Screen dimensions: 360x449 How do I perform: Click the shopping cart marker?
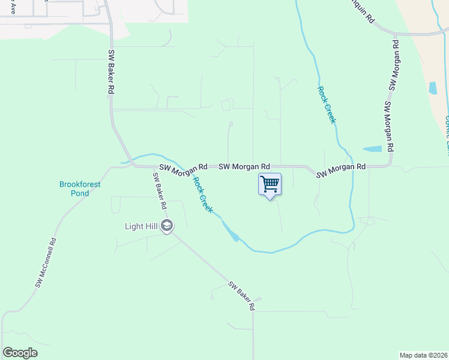tap(270, 185)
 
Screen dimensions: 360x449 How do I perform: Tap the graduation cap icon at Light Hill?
tap(167, 226)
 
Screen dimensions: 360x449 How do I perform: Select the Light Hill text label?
tap(142, 226)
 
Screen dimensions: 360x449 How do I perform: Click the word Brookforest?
tap(80, 185)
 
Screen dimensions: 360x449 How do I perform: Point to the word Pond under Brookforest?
tap(80, 193)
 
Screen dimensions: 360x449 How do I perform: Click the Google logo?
tap(20, 353)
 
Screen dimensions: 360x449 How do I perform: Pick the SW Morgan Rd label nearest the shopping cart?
tap(244, 166)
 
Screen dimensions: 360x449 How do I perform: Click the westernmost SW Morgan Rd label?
tap(182, 170)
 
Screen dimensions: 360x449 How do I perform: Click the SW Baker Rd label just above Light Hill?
tap(159, 191)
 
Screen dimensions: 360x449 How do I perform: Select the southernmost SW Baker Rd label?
tap(241, 296)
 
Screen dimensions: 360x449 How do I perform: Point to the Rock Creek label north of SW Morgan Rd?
tap(326, 104)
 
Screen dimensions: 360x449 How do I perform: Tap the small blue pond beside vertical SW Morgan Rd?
tap(372, 148)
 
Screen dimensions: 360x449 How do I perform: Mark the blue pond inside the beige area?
tap(433, 88)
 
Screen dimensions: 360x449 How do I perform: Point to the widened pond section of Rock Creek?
tap(231, 232)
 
